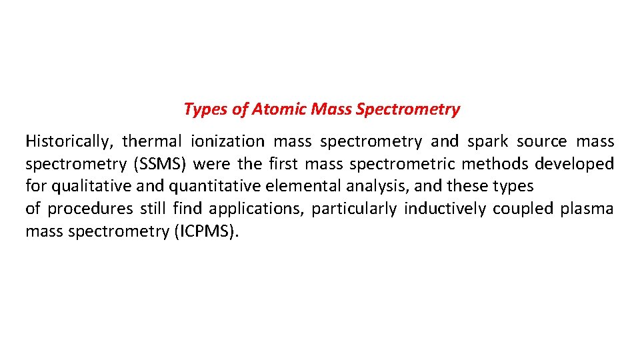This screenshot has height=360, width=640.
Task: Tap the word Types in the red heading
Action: [x=205, y=109]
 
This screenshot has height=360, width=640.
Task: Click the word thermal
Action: [x=151, y=141]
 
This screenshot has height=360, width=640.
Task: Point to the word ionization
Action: [x=227, y=141]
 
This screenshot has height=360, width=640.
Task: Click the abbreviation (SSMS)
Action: [x=157, y=164]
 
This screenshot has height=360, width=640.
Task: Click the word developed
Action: [x=574, y=164]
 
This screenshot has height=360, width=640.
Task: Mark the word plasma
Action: [x=587, y=209]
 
